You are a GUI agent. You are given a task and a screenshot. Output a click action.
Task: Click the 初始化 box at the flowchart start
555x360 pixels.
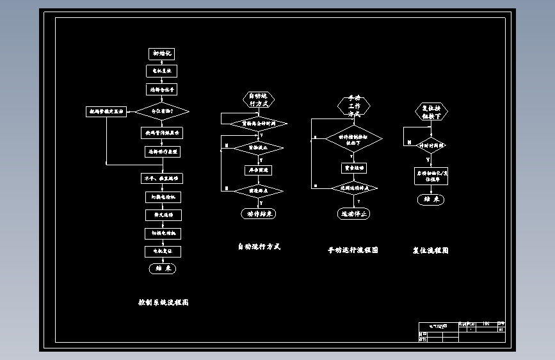[x=163, y=54]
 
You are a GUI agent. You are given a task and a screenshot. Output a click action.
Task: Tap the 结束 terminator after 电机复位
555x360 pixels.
[x=163, y=269]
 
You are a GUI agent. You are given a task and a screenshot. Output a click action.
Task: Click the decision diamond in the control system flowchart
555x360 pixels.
[x=162, y=111]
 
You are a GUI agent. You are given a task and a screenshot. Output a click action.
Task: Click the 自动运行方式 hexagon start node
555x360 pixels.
[x=259, y=99]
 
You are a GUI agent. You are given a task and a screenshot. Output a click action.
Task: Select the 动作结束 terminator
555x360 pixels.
[x=259, y=214]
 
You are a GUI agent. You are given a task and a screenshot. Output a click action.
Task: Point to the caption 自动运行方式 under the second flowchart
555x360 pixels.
[x=259, y=247]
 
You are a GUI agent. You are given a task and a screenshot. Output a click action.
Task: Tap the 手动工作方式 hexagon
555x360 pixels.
[x=354, y=106]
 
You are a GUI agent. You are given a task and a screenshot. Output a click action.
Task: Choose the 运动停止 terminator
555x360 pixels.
[x=354, y=214]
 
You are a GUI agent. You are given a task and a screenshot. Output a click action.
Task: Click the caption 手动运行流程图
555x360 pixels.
[x=353, y=250]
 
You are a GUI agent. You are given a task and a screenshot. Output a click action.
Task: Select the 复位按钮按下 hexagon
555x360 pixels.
[x=431, y=113]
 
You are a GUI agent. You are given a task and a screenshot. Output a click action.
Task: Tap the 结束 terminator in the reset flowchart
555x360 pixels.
[x=431, y=200]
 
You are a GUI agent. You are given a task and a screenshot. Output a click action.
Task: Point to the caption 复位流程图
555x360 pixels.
[x=430, y=250]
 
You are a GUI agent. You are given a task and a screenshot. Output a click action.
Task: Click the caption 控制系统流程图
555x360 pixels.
[x=163, y=302]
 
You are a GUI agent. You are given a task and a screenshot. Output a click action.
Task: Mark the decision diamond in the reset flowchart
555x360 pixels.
[x=431, y=146]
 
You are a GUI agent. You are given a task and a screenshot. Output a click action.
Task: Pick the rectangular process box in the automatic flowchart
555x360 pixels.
[x=259, y=170]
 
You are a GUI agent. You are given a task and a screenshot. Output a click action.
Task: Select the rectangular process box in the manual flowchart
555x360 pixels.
[x=353, y=168]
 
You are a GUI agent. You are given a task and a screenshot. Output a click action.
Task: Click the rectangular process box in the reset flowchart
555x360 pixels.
[x=431, y=176]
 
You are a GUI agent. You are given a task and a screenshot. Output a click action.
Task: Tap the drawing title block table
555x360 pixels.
[x=462, y=332]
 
